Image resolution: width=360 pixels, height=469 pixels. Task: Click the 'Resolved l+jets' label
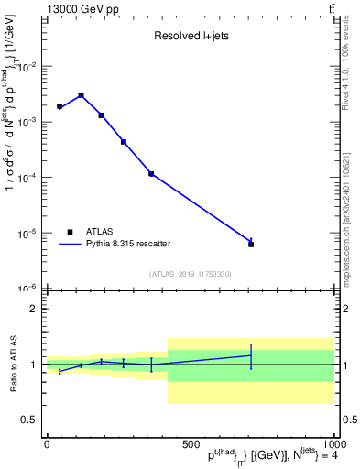coord(190,37)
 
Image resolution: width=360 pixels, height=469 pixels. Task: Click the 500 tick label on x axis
coord(190,444)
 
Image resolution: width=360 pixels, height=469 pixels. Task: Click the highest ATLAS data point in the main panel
coord(81,95)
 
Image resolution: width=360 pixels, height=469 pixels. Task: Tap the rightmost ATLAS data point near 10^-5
coord(251,244)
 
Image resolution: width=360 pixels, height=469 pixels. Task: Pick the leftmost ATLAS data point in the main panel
coord(60,106)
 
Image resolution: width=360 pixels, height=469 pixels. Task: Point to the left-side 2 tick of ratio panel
coord(34,309)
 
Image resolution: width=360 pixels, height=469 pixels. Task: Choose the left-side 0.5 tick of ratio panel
coord(30,420)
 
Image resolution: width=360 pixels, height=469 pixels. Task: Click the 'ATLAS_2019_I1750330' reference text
coord(190,274)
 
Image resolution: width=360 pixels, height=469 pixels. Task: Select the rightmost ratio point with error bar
coord(251,355)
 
